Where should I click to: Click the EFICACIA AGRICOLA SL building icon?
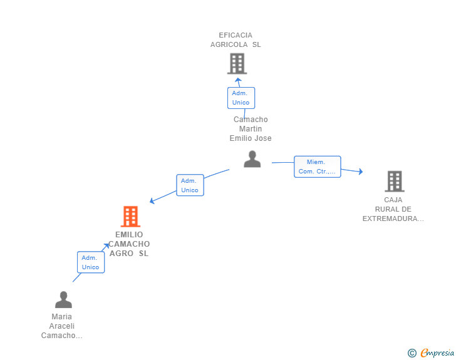(237, 63)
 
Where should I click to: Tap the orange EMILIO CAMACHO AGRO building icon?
(130, 217)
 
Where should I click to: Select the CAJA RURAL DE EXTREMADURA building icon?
(395, 181)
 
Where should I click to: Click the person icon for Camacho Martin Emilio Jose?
(252, 159)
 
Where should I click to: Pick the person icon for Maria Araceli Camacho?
(63, 299)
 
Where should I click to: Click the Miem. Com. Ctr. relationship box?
(318, 167)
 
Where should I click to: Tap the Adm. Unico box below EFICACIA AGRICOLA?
(241, 98)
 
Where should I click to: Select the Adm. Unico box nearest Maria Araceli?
(91, 262)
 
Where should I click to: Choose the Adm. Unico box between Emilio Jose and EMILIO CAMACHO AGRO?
(190, 185)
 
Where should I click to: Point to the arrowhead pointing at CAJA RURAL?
(361, 172)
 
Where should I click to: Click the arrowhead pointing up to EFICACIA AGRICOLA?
(238, 80)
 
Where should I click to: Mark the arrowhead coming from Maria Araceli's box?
(106, 246)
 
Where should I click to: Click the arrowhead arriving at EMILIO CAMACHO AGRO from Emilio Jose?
(152, 200)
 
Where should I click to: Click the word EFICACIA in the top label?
(236, 35)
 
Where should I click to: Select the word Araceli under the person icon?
(61, 326)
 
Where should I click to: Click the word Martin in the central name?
(251, 129)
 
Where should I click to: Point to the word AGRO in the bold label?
(122, 254)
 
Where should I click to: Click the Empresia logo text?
(437, 352)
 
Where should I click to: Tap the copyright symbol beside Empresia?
(412, 353)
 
